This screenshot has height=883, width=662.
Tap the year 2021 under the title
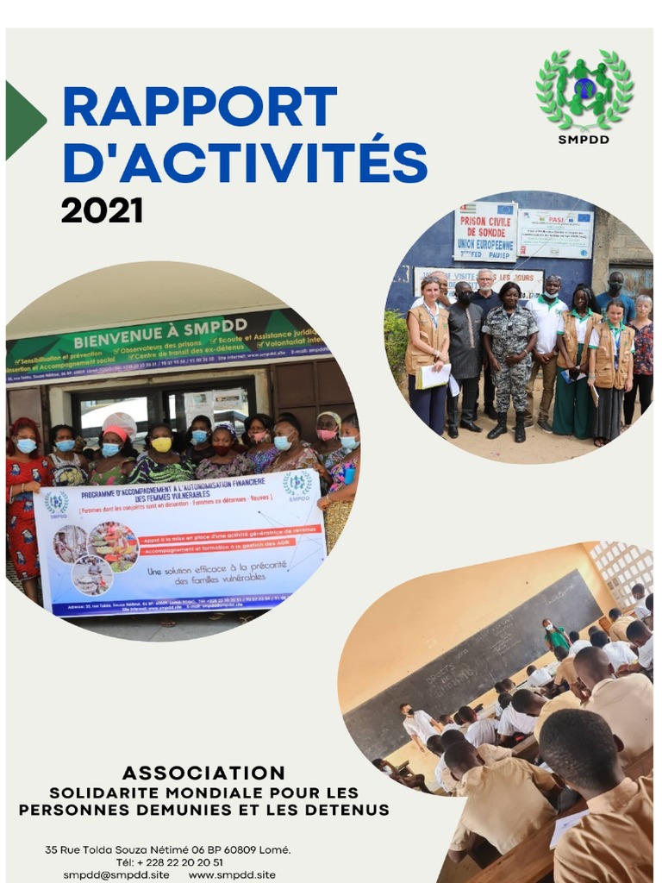[x=102, y=210]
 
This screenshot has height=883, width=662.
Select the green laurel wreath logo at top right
[x=584, y=89]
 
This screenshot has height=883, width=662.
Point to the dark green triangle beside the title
[x=23, y=120]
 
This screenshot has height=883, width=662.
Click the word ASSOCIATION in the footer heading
[x=203, y=773]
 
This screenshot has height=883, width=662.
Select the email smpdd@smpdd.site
[x=116, y=874]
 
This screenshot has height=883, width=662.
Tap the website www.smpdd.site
[x=232, y=874]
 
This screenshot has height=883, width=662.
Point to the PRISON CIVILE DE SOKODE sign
[x=485, y=231]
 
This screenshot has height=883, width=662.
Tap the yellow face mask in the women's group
[x=161, y=445]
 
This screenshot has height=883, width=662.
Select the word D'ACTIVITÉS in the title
[x=246, y=162]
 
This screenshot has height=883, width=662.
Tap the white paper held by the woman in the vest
[x=434, y=376]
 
